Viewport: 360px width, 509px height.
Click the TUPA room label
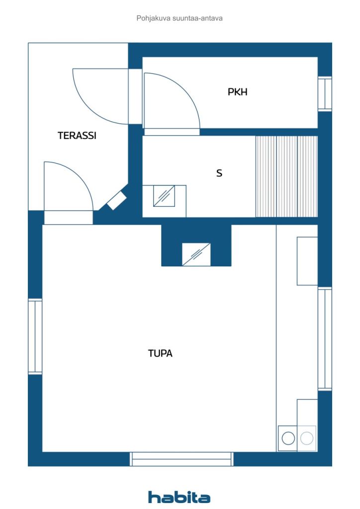(x=160, y=353)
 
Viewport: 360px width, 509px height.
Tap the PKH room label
(x=237, y=92)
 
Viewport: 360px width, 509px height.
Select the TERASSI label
(x=77, y=135)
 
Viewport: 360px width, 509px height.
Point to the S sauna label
(x=219, y=173)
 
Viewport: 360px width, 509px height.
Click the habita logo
(x=179, y=497)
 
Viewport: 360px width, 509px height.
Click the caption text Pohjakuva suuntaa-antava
(x=179, y=18)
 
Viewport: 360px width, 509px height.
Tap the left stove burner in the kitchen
(x=288, y=438)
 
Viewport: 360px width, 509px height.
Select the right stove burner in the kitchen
(x=307, y=438)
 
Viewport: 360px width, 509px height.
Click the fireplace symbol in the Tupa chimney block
(x=196, y=254)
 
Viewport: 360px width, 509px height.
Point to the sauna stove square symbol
(x=164, y=196)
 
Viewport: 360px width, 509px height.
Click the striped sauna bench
(x=286, y=176)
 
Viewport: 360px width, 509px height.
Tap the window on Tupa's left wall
(x=35, y=337)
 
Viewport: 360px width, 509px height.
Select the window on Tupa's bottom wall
(x=181, y=459)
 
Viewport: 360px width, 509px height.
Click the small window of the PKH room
(x=325, y=94)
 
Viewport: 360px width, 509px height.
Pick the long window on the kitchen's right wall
(x=325, y=339)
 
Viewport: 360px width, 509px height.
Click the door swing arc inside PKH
(x=183, y=89)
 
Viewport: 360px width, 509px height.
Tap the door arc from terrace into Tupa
(x=80, y=176)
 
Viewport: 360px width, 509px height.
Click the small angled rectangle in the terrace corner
(x=116, y=201)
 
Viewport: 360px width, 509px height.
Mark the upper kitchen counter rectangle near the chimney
(x=307, y=261)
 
